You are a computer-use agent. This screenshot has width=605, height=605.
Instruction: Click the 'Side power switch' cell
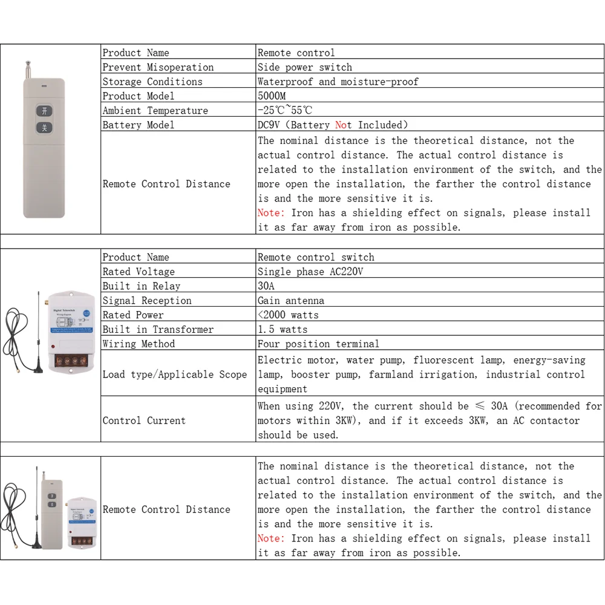click(x=304, y=67)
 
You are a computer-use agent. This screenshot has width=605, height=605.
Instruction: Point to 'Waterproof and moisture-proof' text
click(x=338, y=82)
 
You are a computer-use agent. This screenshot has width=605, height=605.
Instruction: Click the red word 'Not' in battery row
click(x=343, y=125)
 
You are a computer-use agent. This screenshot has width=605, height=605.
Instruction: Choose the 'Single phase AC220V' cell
click(x=310, y=272)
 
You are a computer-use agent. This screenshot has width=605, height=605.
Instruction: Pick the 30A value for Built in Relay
click(x=266, y=286)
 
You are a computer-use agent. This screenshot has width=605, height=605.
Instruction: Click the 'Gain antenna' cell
click(x=290, y=301)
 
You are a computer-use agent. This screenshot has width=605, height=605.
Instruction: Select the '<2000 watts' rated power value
click(x=288, y=315)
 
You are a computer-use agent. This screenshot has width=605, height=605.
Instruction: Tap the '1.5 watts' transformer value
click(x=283, y=330)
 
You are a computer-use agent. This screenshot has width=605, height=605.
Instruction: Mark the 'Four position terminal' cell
click(x=318, y=344)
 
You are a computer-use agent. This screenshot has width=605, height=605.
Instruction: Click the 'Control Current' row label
click(x=144, y=420)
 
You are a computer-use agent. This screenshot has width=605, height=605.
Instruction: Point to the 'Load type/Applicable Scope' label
click(x=175, y=374)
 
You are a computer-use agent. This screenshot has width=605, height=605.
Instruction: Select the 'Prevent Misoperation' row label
click(x=158, y=67)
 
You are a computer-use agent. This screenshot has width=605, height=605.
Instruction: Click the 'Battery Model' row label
click(x=138, y=125)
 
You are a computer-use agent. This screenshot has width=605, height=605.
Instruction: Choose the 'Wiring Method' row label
click(x=139, y=344)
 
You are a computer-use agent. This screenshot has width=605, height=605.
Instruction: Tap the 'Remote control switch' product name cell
click(x=316, y=257)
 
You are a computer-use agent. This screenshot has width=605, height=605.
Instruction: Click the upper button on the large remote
click(x=44, y=111)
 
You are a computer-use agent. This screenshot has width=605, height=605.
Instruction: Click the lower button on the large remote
click(x=44, y=128)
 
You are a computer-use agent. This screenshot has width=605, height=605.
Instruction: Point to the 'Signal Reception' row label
click(x=147, y=301)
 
